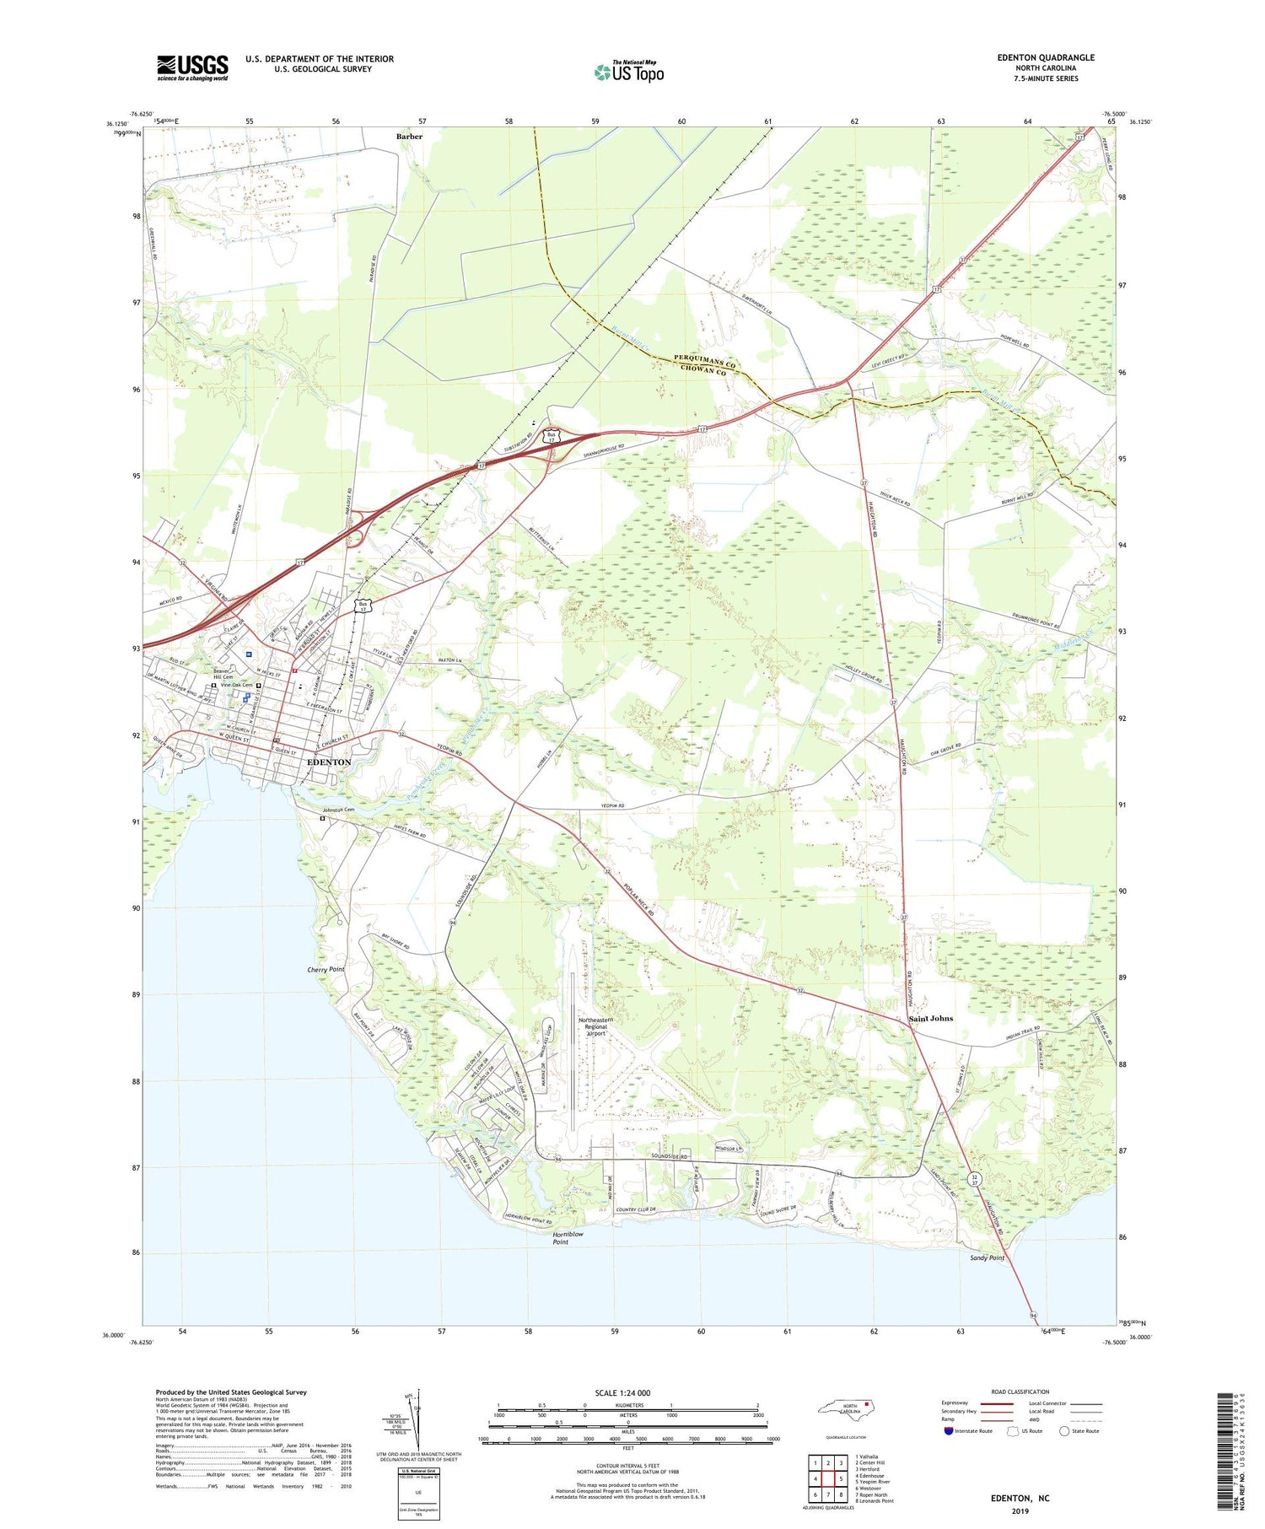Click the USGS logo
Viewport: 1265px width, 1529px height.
pyautogui.click(x=192, y=67)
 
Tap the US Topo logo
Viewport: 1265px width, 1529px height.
pyautogui.click(x=628, y=73)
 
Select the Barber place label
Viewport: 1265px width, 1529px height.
pyautogui.click(x=409, y=136)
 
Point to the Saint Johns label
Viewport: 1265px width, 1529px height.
pyautogui.click(x=931, y=1019)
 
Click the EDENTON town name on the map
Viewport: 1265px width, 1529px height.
pyautogui.click(x=329, y=762)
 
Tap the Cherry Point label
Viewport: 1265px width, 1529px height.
pyautogui.click(x=326, y=970)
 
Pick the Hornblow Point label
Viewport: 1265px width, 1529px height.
pyautogui.click(x=568, y=1238)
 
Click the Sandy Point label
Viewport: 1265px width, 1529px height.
pyautogui.click(x=987, y=1257)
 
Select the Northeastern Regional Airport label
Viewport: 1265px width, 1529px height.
pyautogui.click(x=596, y=1026)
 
